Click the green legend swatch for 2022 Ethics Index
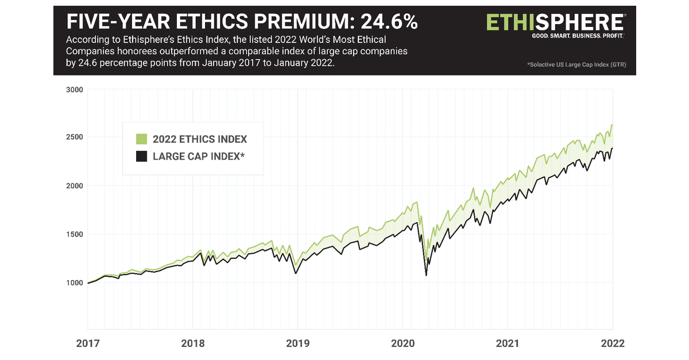(x=141, y=140)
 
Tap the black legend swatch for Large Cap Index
(x=141, y=156)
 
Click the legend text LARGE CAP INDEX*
(x=199, y=156)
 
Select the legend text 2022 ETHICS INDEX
(x=200, y=140)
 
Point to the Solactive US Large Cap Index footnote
(x=576, y=65)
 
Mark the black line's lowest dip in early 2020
(x=426, y=275)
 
